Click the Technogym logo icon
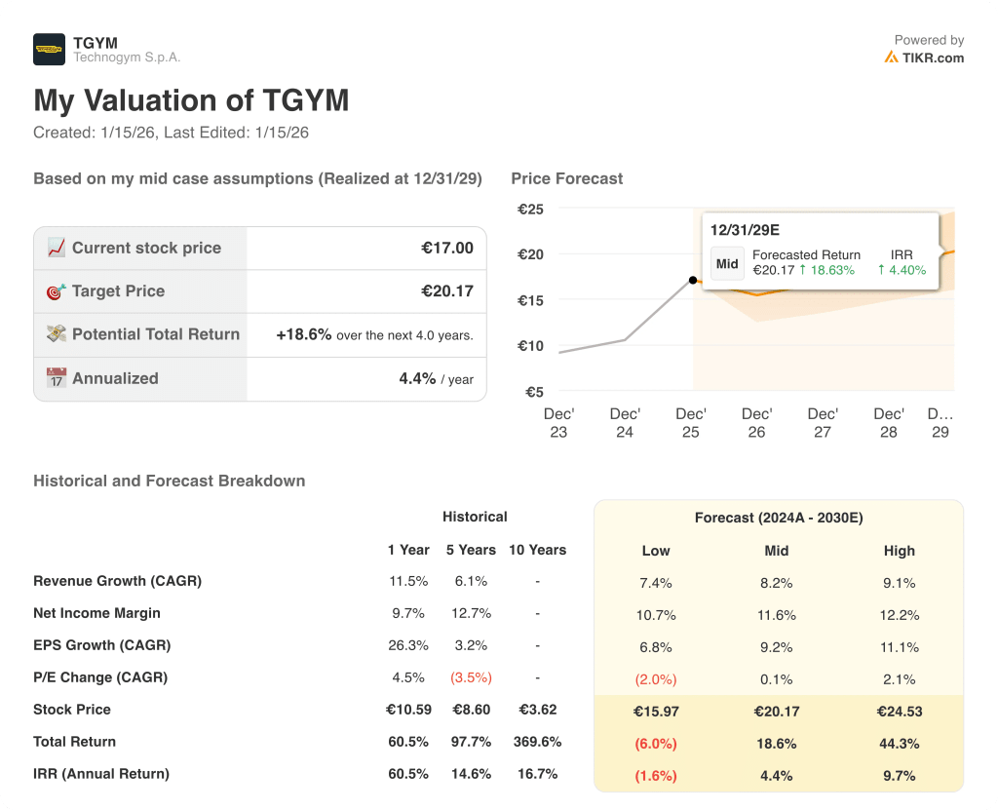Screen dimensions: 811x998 [x=49, y=49]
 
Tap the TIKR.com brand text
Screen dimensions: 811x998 [x=933, y=58]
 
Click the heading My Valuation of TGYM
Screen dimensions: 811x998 [x=191, y=100]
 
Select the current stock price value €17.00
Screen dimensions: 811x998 [x=447, y=248]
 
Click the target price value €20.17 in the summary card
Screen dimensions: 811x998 [x=447, y=290]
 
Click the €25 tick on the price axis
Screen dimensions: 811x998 [x=530, y=209]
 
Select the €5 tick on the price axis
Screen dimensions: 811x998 [x=534, y=392]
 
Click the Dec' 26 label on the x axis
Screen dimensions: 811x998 [x=756, y=422]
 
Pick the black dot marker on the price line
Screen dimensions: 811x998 [x=693, y=280]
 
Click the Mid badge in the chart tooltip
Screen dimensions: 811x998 [x=727, y=263]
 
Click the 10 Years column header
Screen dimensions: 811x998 [x=537, y=550]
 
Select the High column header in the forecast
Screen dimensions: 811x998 [x=899, y=551]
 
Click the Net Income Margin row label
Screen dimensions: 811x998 [x=96, y=613]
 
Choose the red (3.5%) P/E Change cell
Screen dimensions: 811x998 [x=471, y=677]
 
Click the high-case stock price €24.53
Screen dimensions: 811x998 [x=899, y=712]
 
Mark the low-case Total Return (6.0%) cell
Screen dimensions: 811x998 [x=656, y=744]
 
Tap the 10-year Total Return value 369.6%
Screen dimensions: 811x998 [x=537, y=742]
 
